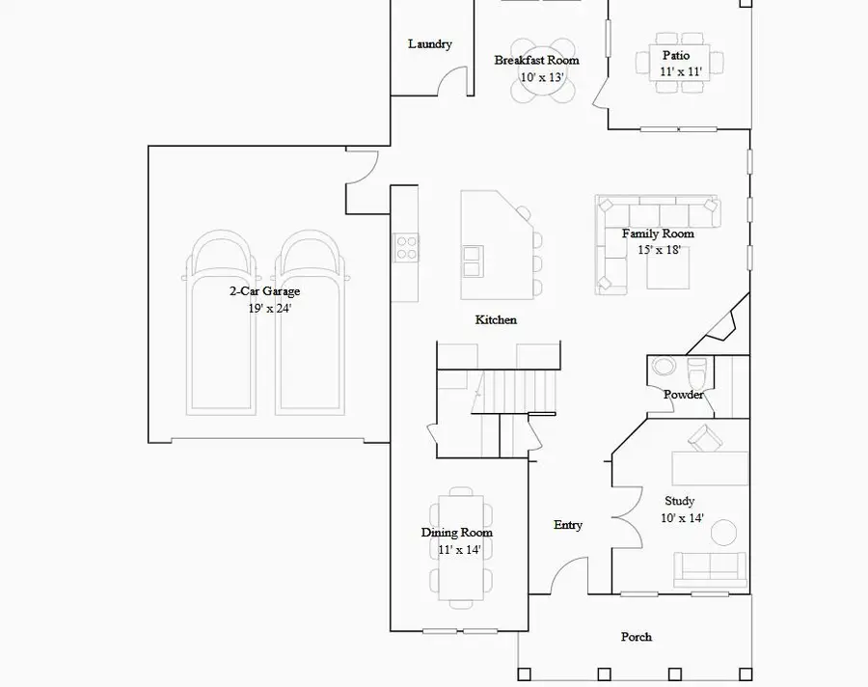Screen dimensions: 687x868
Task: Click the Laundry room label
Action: (x=429, y=44)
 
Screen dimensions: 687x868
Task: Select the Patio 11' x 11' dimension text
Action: (x=680, y=72)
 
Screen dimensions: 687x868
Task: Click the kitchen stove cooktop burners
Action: (x=406, y=248)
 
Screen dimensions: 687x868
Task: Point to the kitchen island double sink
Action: (x=474, y=260)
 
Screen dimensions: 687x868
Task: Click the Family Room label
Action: (x=658, y=234)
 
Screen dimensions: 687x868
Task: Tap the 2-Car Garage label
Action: (x=263, y=291)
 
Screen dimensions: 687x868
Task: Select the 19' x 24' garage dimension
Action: (x=269, y=308)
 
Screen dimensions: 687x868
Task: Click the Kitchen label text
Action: (x=496, y=319)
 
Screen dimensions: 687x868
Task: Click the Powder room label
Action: (x=683, y=395)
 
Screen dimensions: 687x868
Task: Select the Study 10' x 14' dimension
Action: (x=683, y=518)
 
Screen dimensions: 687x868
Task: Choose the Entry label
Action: (x=567, y=525)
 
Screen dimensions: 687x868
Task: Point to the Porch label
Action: (x=636, y=637)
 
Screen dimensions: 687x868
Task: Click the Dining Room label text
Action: (x=456, y=533)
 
